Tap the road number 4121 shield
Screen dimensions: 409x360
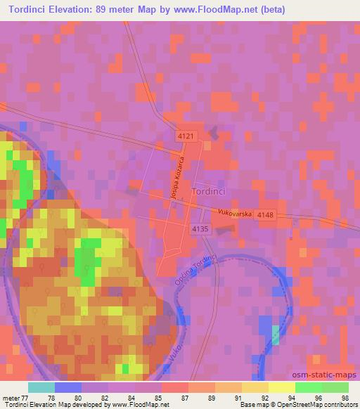pos(186,134)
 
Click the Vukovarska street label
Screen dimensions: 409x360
pos(235,211)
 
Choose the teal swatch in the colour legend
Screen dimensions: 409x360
pos(41,387)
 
